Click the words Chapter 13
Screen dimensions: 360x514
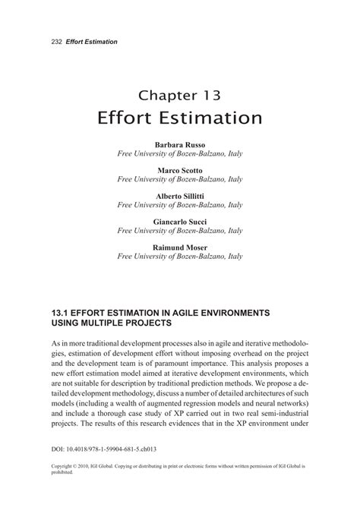tap(179, 96)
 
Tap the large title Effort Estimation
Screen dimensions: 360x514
tap(179, 119)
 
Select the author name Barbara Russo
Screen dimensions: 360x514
tap(180, 143)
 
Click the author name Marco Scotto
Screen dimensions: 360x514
tap(180, 169)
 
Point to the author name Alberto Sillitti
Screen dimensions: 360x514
tap(180, 195)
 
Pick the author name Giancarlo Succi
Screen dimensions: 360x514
tap(180, 221)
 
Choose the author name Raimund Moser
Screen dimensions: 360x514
tap(180, 247)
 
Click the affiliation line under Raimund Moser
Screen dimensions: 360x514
tap(180, 257)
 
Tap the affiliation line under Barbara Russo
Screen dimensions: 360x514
tap(180, 153)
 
